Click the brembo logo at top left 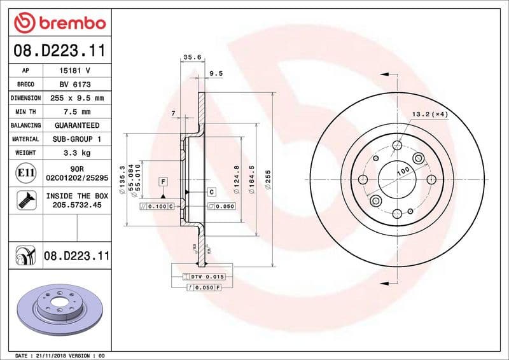(x=59, y=23)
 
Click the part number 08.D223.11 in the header (x=59, y=50)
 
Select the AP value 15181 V (x=74, y=71)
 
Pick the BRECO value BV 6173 (x=74, y=85)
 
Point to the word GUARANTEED (x=76, y=125)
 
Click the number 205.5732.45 (x=76, y=205)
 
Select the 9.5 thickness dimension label (x=216, y=74)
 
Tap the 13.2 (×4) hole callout (x=430, y=114)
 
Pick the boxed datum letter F (x=164, y=182)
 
